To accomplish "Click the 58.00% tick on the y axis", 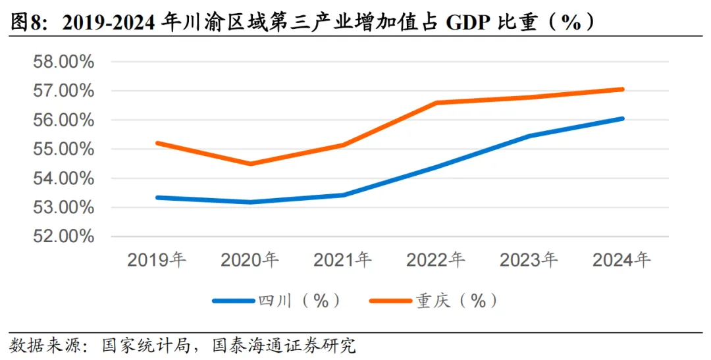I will coord(64,62).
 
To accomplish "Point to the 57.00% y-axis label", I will coord(64,91).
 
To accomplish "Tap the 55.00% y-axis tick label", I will coord(64,149).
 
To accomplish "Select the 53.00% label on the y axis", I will coord(64,207).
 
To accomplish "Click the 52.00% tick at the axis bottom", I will coord(64,236).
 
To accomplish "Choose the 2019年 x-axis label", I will coord(157,260).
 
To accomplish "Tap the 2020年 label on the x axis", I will coord(250,260).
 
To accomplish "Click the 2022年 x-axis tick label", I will coord(436,260).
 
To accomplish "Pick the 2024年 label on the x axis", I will coord(621,260).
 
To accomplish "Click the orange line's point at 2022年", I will coord(436,103).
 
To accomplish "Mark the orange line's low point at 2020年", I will coord(250,164).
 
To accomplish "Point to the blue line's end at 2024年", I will coord(621,118).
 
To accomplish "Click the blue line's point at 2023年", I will coord(529,136).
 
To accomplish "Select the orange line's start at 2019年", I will coord(157,143).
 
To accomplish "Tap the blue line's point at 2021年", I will coord(343,195).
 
